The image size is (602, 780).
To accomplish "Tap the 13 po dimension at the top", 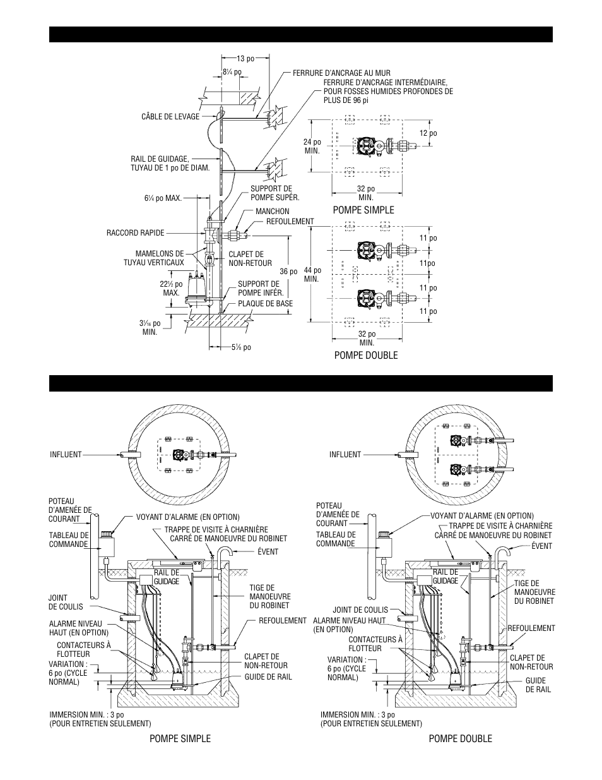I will click(x=246, y=59).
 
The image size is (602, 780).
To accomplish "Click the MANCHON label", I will click(x=273, y=212).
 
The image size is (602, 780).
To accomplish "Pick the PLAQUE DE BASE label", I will click(x=265, y=303).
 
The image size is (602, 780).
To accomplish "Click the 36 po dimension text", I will click(x=288, y=272).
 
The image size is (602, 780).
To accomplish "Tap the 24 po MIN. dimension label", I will click(x=312, y=146).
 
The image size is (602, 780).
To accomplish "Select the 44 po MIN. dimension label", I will click(x=312, y=274).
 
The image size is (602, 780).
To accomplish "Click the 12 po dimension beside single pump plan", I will click(x=428, y=133).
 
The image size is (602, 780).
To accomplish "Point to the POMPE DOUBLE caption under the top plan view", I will click(x=366, y=355).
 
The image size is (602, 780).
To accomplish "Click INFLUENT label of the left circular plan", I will click(x=66, y=454).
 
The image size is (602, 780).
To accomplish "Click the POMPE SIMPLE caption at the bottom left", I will click(x=180, y=738).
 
